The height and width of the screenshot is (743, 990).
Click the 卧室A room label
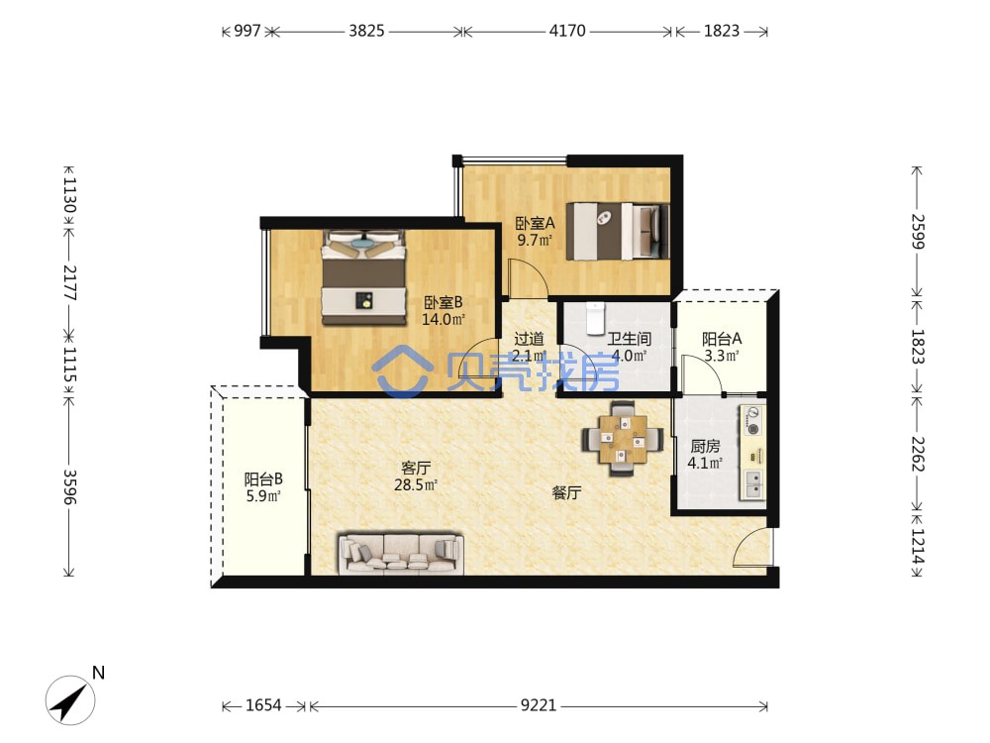point(535,223)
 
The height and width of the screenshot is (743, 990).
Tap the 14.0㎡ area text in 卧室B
point(444,320)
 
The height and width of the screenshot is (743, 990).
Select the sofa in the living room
point(401,554)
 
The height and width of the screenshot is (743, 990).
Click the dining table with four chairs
point(623,438)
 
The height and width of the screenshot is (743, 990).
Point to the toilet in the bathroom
point(595,318)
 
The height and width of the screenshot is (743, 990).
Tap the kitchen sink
point(752,484)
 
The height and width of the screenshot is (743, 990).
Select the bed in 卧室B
point(363,278)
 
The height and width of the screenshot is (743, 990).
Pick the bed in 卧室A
point(618,231)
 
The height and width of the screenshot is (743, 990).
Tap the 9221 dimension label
point(539,705)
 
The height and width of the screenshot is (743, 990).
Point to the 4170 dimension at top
point(567,31)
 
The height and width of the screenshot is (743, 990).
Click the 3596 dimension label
point(69,486)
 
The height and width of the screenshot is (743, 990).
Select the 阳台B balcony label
point(263,478)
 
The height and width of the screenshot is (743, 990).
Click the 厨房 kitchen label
point(705,446)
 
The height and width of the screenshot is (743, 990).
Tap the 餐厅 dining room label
point(566,492)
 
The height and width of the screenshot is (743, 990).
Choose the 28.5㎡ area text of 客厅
point(416,485)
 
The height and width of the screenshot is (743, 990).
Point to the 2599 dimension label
point(918,232)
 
